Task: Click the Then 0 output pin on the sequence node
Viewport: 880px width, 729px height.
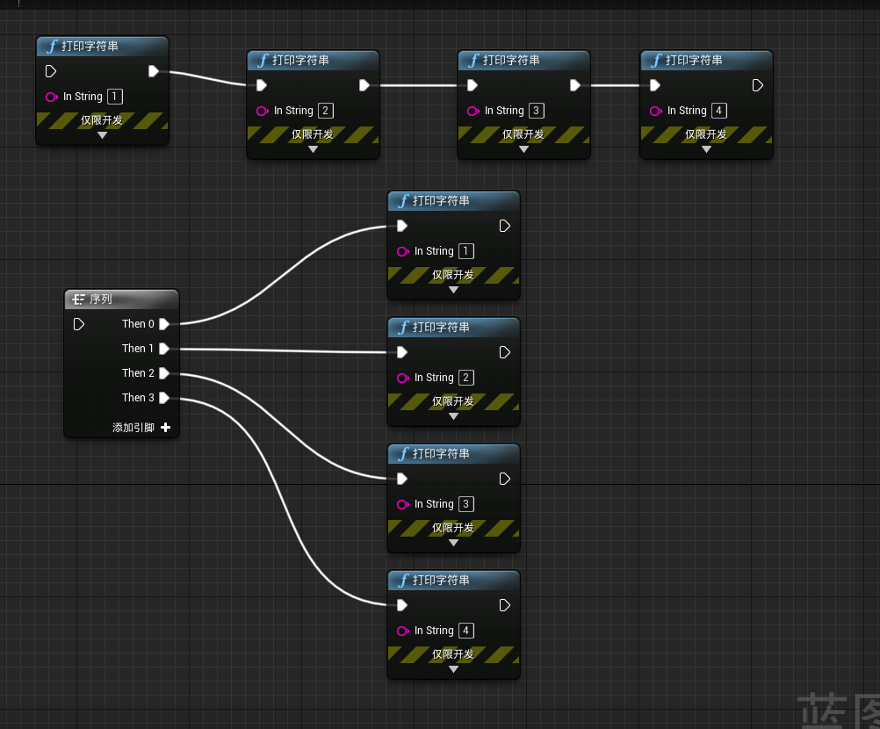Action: click(x=164, y=324)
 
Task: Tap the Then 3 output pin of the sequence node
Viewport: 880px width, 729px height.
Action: click(x=164, y=398)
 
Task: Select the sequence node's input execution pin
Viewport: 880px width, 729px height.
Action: click(x=79, y=324)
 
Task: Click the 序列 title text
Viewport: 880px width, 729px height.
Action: click(x=101, y=300)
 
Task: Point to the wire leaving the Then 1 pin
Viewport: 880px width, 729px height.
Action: click(x=281, y=350)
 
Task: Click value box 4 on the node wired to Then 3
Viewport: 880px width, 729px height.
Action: click(x=466, y=631)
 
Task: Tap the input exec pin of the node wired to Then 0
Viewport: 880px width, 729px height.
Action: click(x=401, y=226)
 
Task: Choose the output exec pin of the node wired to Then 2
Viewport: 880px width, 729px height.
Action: click(x=505, y=479)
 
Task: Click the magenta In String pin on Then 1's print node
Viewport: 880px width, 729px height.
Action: click(x=402, y=378)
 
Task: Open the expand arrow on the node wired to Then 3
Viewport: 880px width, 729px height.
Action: click(x=453, y=669)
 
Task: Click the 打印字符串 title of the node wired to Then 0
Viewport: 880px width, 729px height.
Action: click(x=441, y=201)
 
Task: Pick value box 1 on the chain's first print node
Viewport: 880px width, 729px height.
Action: click(x=115, y=97)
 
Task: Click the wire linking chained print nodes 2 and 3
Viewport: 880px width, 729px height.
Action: click(x=417, y=85)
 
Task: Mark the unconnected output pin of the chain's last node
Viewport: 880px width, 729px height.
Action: click(x=758, y=85)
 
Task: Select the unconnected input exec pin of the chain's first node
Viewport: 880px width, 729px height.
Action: click(x=50, y=71)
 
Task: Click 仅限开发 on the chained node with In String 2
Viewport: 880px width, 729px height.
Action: click(x=313, y=134)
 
